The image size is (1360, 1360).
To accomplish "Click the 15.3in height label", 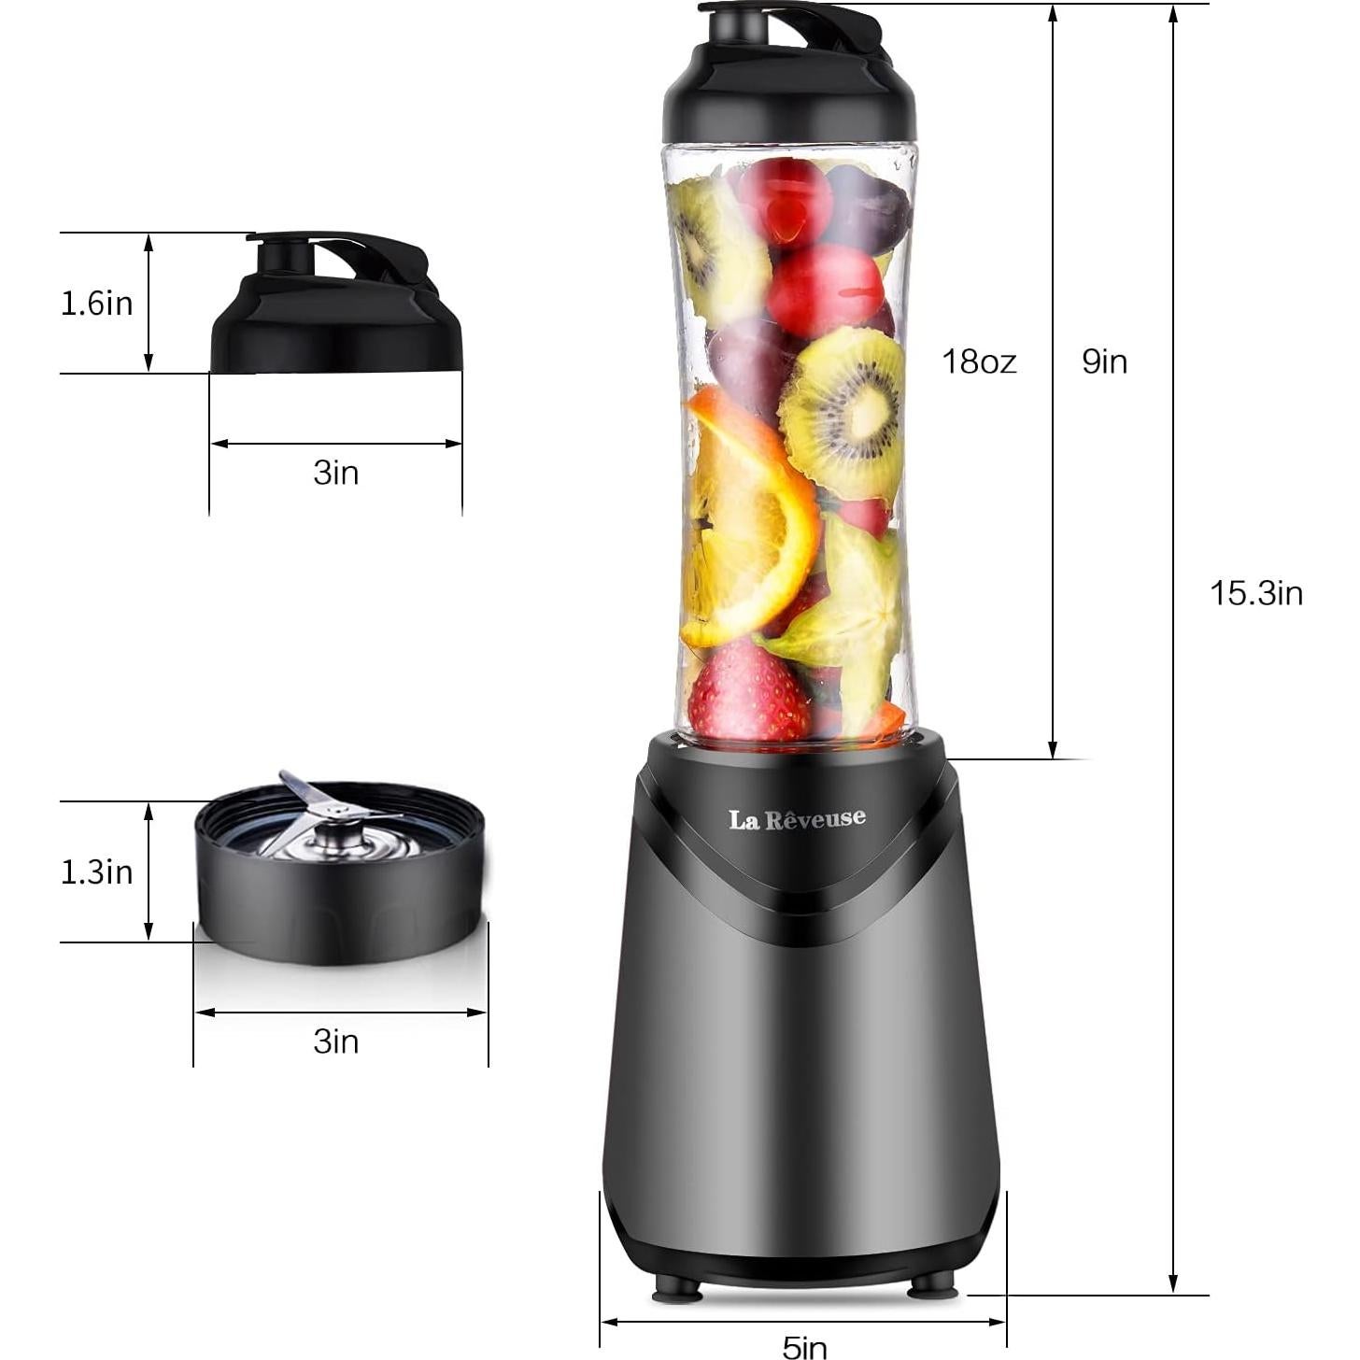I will coord(1255,593).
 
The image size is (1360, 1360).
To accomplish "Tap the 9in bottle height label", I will coord(1104,361).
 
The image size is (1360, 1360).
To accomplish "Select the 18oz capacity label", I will coord(978,361).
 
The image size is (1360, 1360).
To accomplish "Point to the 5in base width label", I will coord(804,1346).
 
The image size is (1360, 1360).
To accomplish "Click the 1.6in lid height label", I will coord(96,303).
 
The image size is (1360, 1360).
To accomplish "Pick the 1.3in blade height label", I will coord(96,871).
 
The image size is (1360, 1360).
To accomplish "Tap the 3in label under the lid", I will coord(335,473).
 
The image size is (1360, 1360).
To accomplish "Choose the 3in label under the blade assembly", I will coord(335,1041).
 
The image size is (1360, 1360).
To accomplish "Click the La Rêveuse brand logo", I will coord(797,819).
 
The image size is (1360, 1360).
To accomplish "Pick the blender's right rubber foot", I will coord(933,1286).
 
